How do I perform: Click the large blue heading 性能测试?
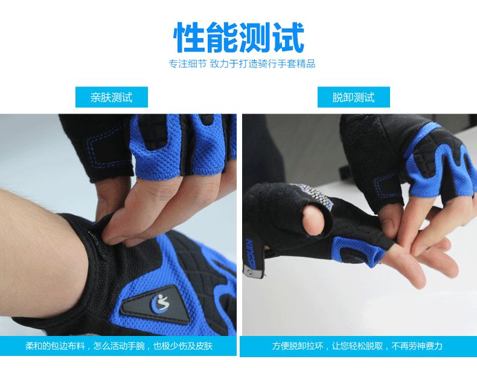239,37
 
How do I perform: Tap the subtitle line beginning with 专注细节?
242,63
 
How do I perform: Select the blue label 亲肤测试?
111,97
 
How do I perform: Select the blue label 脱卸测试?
353,97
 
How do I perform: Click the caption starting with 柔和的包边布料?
119,346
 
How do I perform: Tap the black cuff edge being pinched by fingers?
97,233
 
